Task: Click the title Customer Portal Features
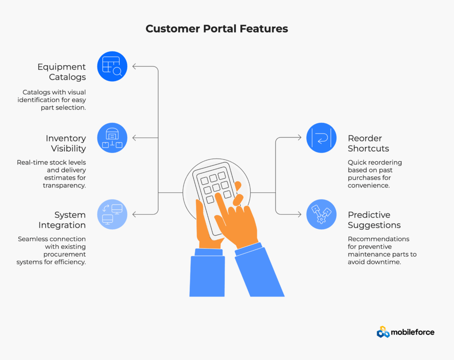pyautogui.click(x=217, y=29)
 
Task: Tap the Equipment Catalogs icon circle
pyautogui.click(x=112, y=67)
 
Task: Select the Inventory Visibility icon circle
pyautogui.click(x=112, y=138)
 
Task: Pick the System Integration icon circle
pyautogui.click(x=112, y=214)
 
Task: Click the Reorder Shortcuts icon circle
pyautogui.click(x=321, y=138)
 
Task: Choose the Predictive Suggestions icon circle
pyautogui.click(x=321, y=214)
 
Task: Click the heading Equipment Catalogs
pyautogui.click(x=62, y=72)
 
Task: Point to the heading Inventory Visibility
pyautogui.click(x=66, y=143)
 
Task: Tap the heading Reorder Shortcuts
pyautogui.click(x=368, y=143)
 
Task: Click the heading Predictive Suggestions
pyautogui.click(x=374, y=220)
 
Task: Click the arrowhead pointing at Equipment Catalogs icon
pyautogui.click(x=135, y=67)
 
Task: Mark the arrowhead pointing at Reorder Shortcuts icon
pyautogui.click(x=300, y=138)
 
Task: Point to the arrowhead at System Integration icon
pyautogui.click(x=135, y=214)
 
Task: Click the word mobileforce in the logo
pyautogui.click(x=412, y=332)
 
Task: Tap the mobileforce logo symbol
pyautogui.click(x=383, y=332)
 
